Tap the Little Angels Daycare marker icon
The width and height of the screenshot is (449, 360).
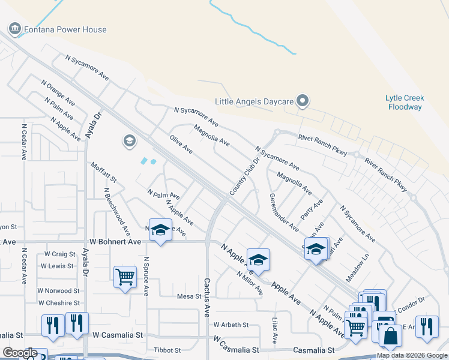tap(303, 101)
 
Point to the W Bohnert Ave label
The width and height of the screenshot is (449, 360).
tap(115, 241)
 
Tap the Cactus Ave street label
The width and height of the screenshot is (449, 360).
tap(206, 297)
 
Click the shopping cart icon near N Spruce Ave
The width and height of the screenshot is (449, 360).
tap(125, 277)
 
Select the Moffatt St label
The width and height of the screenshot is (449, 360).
tap(104, 172)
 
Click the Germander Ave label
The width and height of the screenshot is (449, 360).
tap(284, 212)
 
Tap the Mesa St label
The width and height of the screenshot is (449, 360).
tap(188, 296)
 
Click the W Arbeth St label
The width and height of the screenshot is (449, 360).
tap(231, 325)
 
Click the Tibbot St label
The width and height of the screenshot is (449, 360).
tap(167, 350)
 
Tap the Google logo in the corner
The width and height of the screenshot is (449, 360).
tap(20, 353)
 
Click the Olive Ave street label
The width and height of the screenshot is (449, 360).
tap(181, 144)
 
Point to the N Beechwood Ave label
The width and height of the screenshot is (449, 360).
tap(116, 211)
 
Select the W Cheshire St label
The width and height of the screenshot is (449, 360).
tap(59, 303)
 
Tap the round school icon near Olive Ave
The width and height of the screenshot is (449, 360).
tap(128, 141)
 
